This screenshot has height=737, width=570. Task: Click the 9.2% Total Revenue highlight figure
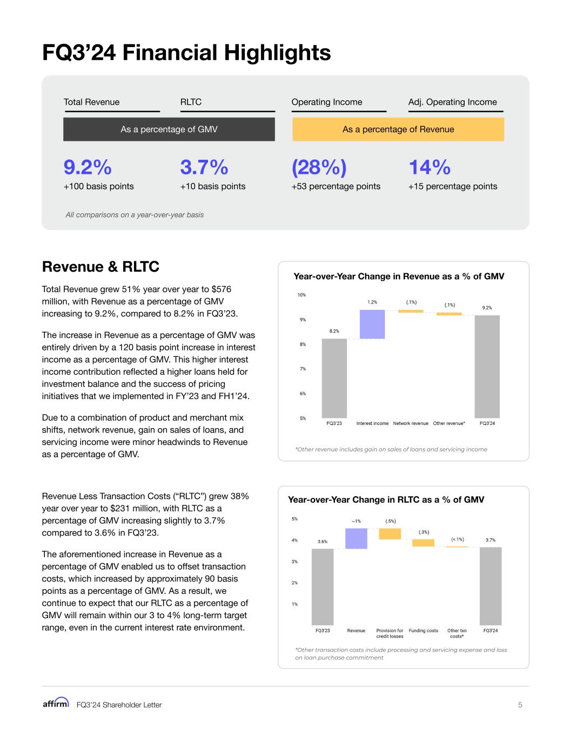pos(88,168)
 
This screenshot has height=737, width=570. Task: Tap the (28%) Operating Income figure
pos(319,168)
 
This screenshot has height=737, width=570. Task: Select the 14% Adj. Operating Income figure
pos(430,168)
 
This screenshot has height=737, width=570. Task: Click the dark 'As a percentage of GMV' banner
pos(169,130)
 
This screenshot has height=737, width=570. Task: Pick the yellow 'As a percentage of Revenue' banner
pos(398,130)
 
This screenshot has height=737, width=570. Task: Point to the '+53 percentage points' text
pos(336,186)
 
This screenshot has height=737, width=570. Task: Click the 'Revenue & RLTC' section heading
pos(100,267)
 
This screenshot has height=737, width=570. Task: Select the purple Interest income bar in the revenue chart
pos(372,324)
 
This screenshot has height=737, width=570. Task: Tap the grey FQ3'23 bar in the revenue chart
pos(334,378)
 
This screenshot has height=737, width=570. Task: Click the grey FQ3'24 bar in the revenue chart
pos(487,366)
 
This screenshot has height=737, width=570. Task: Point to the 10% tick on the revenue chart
pos(301,295)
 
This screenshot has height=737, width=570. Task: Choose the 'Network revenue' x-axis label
pos(411,423)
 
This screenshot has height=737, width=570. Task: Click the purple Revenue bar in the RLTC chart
pos(356,538)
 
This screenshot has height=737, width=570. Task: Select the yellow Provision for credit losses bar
pos(390,533)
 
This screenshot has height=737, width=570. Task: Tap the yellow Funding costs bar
pos(423,543)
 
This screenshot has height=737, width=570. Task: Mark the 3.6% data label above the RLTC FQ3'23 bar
pos(323,541)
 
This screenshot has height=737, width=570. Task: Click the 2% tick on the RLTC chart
pos(294,583)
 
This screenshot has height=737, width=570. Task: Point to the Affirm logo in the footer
pos(56,702)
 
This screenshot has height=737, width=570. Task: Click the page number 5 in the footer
pos(520,705)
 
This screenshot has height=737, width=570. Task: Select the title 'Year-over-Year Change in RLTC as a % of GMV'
pos(386,499)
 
